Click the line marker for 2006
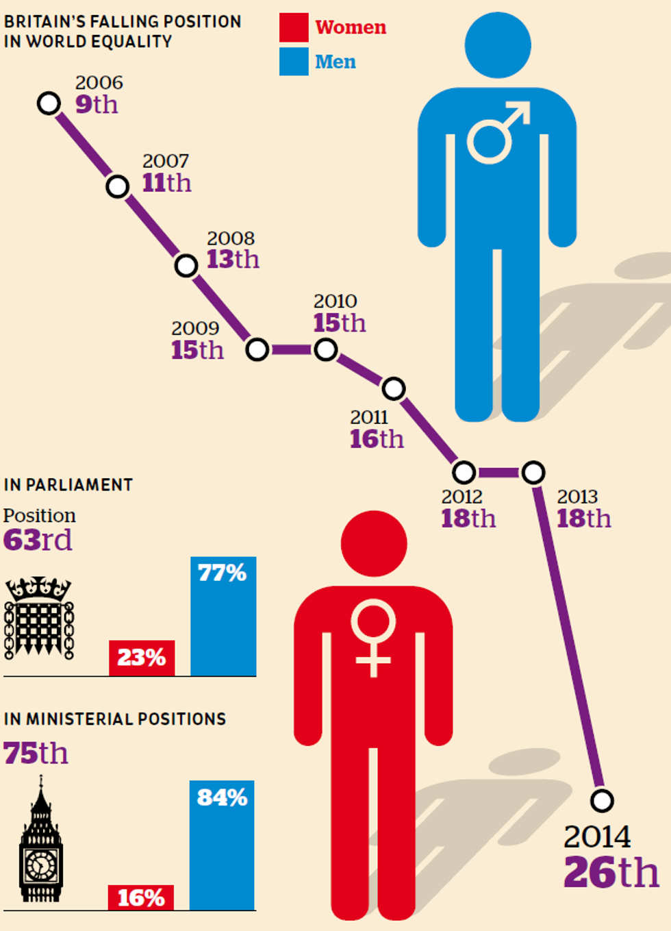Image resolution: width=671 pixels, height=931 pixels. click(49, 103)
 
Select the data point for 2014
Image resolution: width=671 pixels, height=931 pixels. click(602, 800)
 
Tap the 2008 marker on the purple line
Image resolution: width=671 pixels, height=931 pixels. click(186, 265)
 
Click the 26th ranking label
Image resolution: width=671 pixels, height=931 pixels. click(611, 872)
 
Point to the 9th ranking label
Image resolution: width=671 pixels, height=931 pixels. click(97, 105)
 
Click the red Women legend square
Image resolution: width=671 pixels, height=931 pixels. click(294, 27)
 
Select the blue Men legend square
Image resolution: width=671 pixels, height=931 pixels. click(294, 62)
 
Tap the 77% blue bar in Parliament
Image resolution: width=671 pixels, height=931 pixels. click(223, 617)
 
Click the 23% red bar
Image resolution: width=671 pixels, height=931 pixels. click(142, 658)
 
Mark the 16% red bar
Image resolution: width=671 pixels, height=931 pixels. click(141, 897)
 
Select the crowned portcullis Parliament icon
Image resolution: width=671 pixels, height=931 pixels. click(39, 618)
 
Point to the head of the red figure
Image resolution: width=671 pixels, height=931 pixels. click(374, 544)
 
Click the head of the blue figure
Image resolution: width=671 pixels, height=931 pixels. click(498, 45)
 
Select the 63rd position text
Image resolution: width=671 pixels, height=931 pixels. click(38, 540)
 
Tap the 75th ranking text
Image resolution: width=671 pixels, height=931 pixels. click(36, 754)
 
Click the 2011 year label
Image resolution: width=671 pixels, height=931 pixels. click(369, 417)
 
